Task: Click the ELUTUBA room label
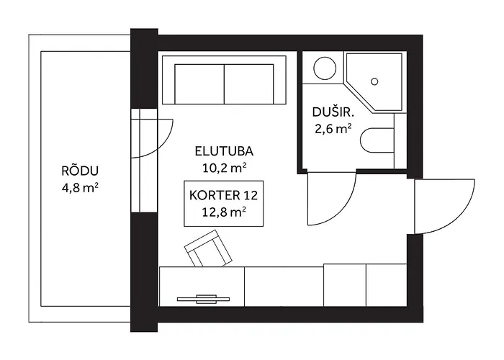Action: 224,151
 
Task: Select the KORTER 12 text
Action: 223,195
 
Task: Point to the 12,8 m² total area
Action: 224,212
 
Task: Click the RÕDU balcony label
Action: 80,171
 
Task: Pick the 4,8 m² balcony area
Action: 80,188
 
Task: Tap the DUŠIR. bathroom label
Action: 333,112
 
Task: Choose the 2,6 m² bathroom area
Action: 333,129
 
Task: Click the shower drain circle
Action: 374,81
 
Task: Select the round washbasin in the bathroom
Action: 325,68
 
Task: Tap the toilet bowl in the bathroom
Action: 377,140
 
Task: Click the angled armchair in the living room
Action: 208,249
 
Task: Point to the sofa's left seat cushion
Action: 199,84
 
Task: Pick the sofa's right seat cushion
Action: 249,84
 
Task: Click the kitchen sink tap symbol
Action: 203,299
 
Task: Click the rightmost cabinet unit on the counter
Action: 387,285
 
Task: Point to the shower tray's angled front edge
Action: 359,99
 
